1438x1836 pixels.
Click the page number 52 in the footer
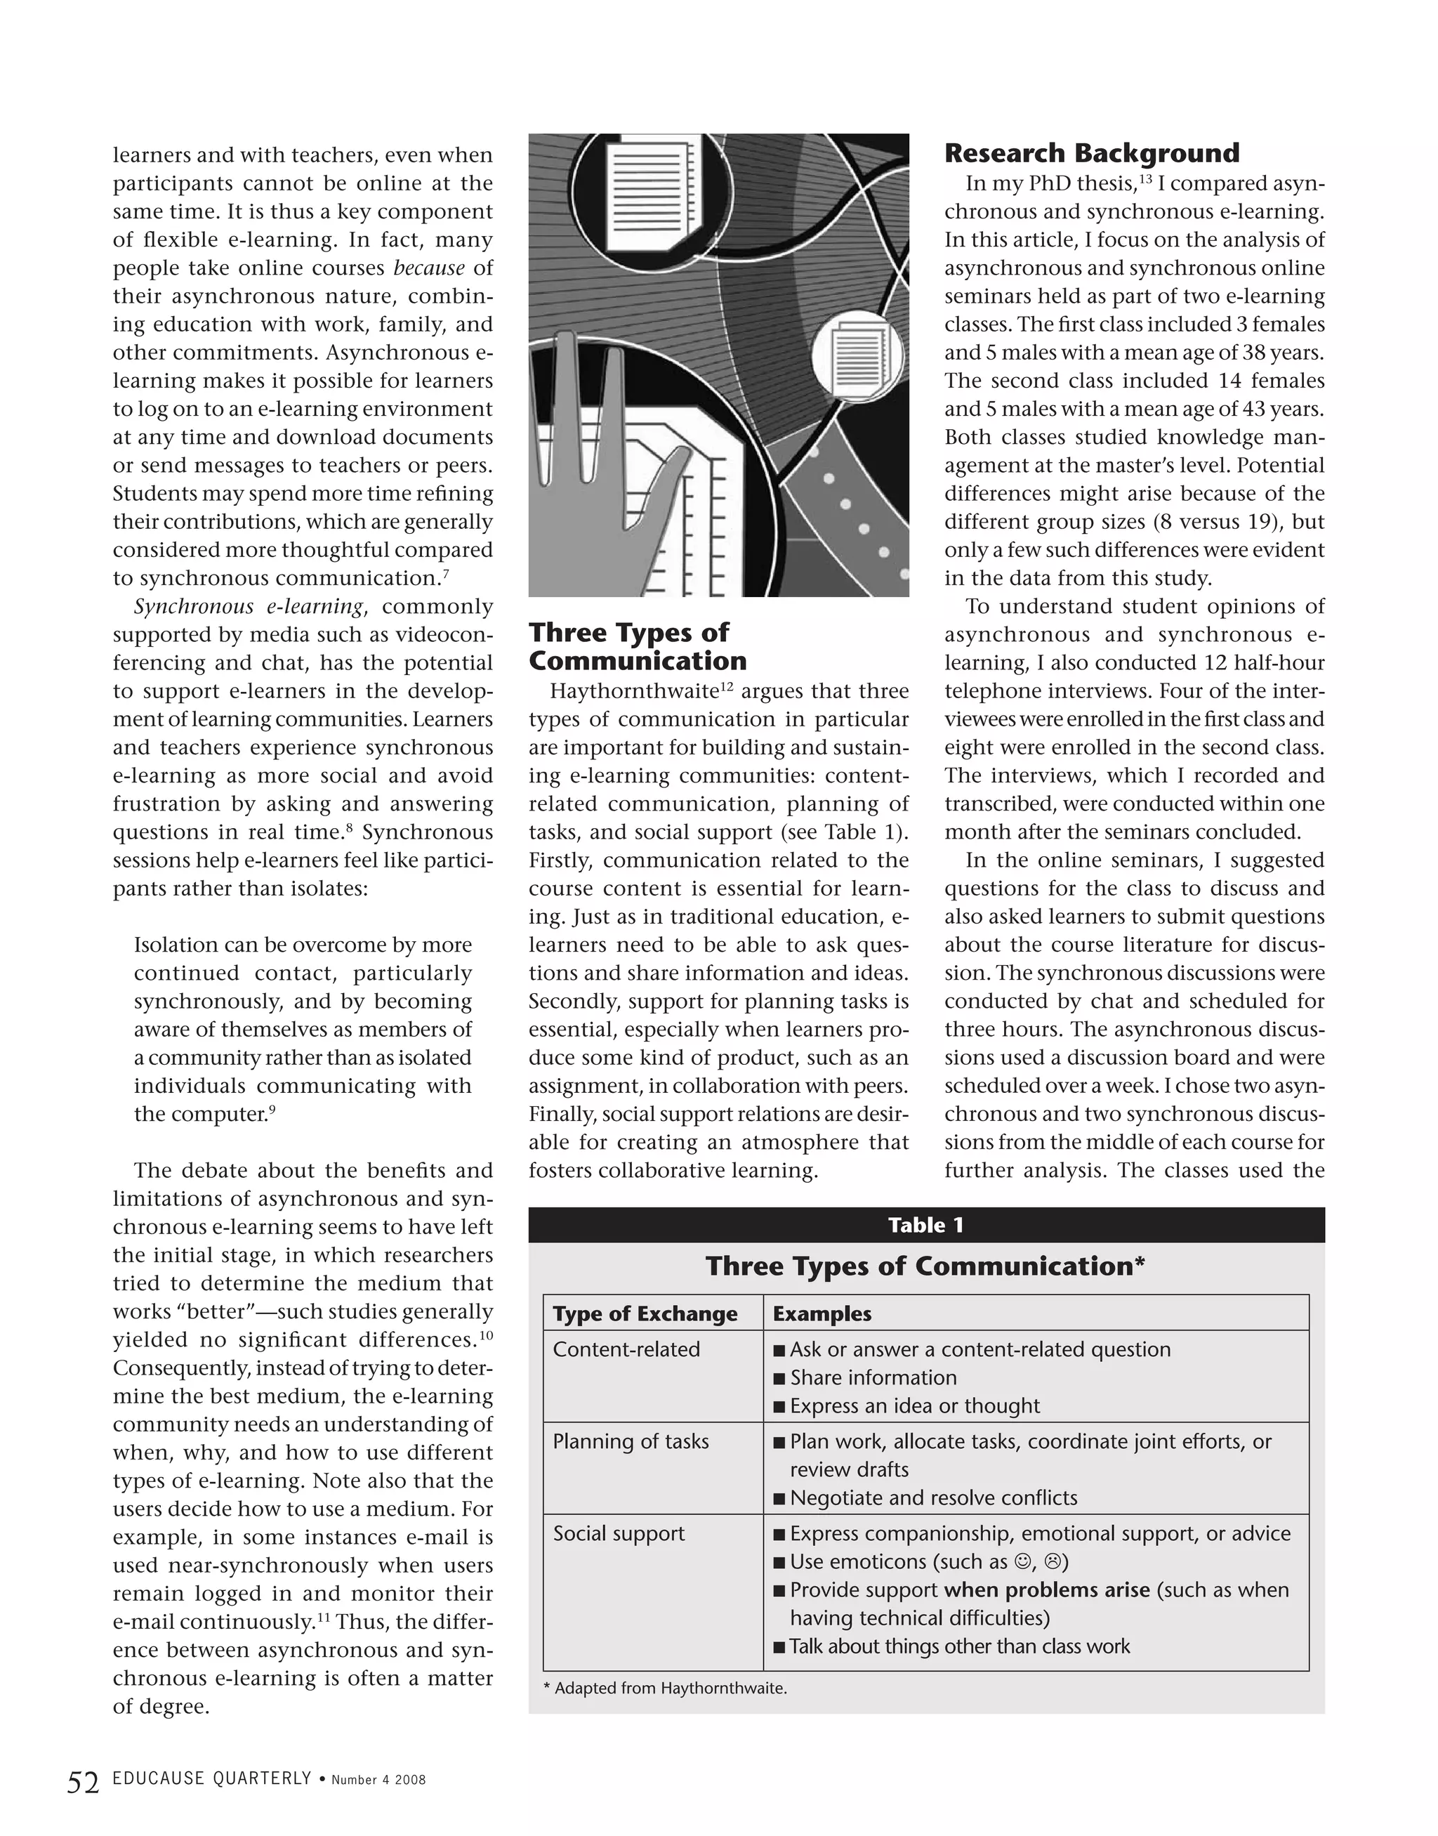(x=84, y=1782)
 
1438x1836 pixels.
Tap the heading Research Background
(x=1091, y=153)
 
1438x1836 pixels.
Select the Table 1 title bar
(x=926, y=1224)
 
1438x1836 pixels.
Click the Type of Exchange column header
(x=645, y=1314)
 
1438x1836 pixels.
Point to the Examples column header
(x=822, y=1314)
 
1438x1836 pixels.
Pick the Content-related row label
(x=626, y=1349)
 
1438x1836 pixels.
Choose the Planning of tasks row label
(x=631, y=1441)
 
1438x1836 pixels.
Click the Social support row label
(x=619, y=1533)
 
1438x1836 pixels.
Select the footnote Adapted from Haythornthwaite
(x=665, y=1688)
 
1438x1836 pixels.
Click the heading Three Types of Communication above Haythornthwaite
(x=638, y=646)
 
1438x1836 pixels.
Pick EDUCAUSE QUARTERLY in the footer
(x=212, y=1778)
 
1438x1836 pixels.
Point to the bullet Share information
(x=873, y=1378)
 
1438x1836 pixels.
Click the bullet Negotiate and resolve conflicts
(x=933, y=1497)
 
